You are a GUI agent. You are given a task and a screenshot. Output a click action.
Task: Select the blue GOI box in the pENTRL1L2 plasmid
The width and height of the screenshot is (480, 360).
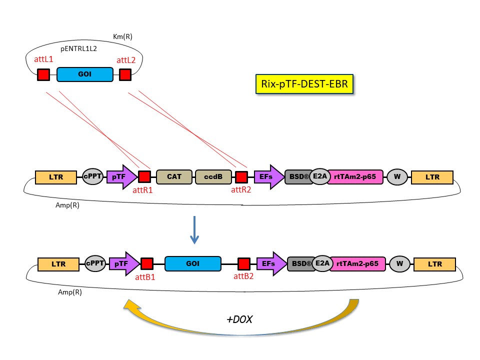pos(84,74)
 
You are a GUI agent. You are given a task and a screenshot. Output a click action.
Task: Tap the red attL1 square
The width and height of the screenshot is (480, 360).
pos(43,74)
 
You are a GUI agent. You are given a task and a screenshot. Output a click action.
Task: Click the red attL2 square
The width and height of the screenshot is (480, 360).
pos(125,74)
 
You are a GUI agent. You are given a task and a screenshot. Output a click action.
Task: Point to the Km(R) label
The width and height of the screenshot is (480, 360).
pos(122,36)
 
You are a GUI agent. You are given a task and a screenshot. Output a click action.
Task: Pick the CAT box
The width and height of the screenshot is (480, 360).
pos(174,177)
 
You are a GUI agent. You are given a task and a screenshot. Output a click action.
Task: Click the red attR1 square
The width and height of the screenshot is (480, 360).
pos(144,177)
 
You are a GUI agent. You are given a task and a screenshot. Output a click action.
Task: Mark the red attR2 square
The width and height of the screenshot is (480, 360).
pos(241,177)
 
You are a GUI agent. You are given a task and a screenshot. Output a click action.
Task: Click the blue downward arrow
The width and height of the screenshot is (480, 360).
pos(195,230)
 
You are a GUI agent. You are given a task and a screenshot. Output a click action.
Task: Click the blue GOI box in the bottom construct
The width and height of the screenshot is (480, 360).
pos(192,263)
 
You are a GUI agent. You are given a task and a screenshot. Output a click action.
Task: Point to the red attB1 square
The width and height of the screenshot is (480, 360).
pos(147,263)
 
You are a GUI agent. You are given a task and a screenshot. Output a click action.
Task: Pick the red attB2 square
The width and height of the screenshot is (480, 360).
pos(244,263)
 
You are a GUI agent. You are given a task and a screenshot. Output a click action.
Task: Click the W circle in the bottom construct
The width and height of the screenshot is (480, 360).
pos(399,263)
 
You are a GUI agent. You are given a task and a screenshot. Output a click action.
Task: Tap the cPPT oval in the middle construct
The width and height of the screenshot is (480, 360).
pos(92,176)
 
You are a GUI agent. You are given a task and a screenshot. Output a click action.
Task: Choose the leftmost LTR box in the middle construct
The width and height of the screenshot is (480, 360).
pos(56,177)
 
